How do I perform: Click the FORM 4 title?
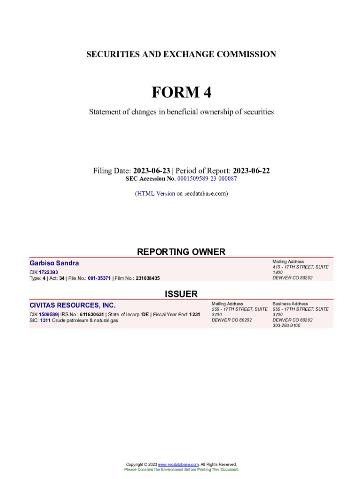[181, 93]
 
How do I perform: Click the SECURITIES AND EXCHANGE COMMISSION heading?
[181, 54]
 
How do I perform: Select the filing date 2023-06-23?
[151, 171]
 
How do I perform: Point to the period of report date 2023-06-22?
[251, 171]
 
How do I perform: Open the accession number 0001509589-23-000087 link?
[207, 179]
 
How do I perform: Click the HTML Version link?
[156, 193]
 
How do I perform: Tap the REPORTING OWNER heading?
[181, 252]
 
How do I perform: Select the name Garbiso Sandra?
[54, 263]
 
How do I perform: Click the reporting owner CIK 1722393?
[49, 272]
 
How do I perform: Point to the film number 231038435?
[148, 278]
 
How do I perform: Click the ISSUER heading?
[181, 294]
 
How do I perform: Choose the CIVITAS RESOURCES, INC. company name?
[72, 305]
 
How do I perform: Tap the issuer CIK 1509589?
[49, 315]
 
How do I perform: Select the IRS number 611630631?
[92, 315]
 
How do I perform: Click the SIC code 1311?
[45, 320]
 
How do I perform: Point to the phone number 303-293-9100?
[286, 326]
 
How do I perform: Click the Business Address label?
[290, 304]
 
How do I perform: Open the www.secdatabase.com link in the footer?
[179, 464]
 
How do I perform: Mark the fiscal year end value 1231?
[194, 315]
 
